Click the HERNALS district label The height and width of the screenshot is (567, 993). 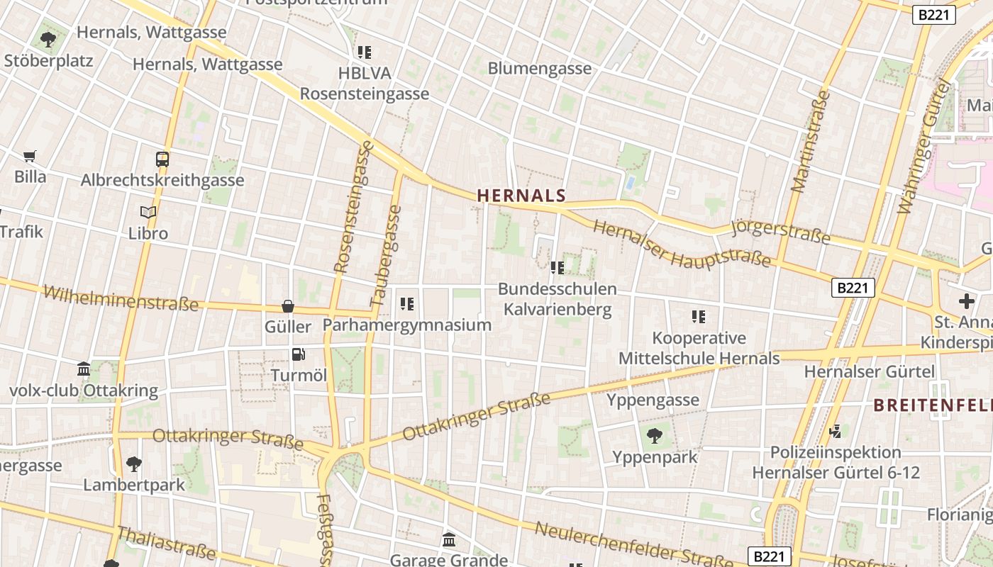point(521,196)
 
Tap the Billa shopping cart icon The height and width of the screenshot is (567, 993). point(30,156)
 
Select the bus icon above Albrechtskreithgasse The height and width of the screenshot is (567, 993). point(162,159)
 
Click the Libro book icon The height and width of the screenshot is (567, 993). point(148,212)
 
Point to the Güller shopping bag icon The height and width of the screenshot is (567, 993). point(288,306)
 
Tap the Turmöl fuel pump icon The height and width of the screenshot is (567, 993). point(299,354)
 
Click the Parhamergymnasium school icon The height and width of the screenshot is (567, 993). point(407,304)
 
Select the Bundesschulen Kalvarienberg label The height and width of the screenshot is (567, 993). point(557,299)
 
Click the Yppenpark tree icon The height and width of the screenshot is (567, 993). point(655,436)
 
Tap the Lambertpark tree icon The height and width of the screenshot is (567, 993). point(134,464)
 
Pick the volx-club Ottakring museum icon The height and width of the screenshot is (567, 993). point(84,369)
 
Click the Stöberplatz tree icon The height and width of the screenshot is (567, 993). point(48,39)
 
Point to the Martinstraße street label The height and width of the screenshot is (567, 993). point(809,142)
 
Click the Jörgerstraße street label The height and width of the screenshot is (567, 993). point(780,232)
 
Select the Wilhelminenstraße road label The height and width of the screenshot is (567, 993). point(121,298)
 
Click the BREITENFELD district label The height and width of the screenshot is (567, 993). point(933,405)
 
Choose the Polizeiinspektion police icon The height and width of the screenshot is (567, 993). point(836,431)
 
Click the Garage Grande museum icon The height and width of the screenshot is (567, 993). point(449,540)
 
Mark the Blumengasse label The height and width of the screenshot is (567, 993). point(540,68)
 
